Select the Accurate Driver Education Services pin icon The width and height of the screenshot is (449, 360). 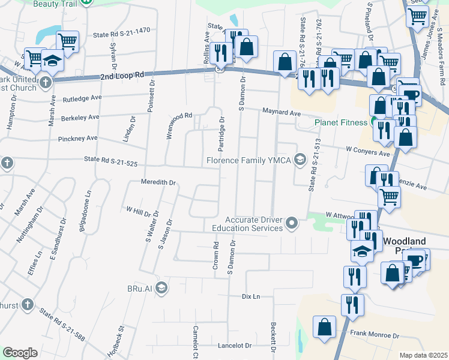click(x=292, y=224)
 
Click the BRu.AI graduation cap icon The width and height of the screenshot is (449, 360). click(x=161, y=289)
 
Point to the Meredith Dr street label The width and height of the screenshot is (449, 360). click(x=158, y=181)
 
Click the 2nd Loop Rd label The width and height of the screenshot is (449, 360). click(x=122, y=76)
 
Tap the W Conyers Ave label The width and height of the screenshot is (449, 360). click(x=367, y=151)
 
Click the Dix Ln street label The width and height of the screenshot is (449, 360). click(x=251, y=296)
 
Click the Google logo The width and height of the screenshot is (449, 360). click(x=20, y=353)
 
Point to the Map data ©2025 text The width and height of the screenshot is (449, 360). click(x=423, y=355)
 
